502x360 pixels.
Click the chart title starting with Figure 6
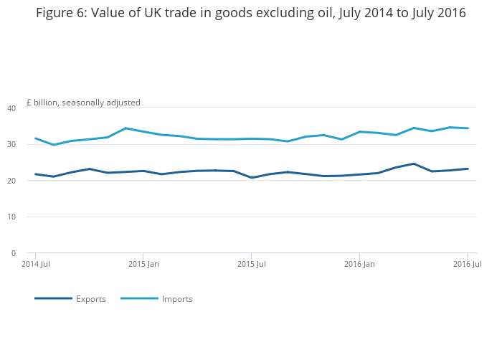(251, 13)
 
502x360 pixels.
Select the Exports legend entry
(91, 299)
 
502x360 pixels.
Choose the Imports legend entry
(177, 299)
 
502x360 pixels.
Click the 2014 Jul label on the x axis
(36, 265)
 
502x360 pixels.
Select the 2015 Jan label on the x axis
(143, 265)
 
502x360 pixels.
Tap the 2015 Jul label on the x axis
(252, 265)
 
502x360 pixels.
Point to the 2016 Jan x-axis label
(359, 265)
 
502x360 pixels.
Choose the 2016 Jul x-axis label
(468, 265)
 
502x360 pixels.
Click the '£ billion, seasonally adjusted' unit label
(84, 103)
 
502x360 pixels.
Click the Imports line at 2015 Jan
(143, 131)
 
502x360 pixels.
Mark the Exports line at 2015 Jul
(252, 178)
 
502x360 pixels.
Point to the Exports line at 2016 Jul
(468, 169)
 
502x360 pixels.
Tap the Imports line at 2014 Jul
(36, 138)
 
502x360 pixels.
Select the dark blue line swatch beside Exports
(53, 298)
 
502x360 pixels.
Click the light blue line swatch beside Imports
(139, 298)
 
